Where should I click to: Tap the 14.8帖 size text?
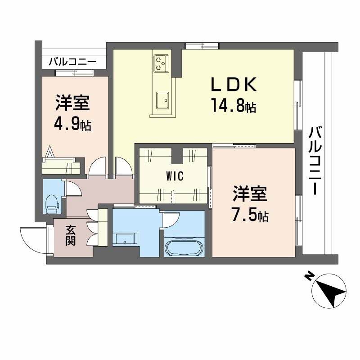[234, 106]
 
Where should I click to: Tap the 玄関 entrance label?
[71, 235]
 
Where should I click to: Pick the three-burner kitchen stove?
[161, 63]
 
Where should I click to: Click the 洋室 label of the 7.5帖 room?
[250, 195]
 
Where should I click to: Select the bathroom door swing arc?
[170, 220]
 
